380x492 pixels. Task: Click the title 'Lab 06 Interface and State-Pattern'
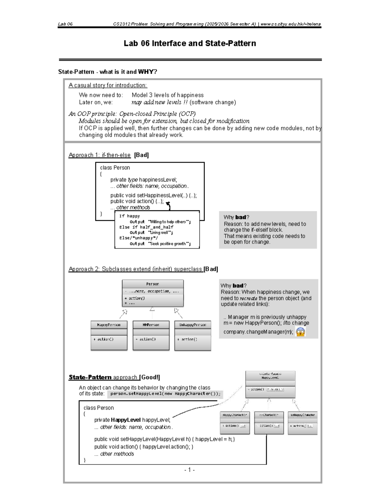click(x=190, y=43)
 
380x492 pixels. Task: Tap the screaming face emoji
click(x=300, y=332)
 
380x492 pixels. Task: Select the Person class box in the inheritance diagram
click(x=153, y=293)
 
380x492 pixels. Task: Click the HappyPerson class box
click(x=109, y=335)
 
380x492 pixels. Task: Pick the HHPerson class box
click(x=151, y=335)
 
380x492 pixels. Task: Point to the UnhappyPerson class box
click(x=193, y=335)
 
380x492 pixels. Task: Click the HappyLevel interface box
click(x=270, y=384)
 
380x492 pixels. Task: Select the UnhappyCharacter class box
click(x=302, y=423)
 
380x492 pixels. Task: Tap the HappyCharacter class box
click(x=235, y=423)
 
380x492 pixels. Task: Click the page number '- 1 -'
click(x=189, y=470)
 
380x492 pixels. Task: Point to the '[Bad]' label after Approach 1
click(x=142, y=155)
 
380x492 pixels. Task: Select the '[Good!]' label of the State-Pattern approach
click(x=150, y=377)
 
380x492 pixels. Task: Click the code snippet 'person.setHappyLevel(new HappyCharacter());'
click(x=165, y=394)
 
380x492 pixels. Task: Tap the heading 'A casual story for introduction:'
click(x=108, y=85)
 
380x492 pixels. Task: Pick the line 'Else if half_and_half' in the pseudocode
click(x=146, y=227)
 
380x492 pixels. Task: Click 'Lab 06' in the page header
click(x=65, y=24)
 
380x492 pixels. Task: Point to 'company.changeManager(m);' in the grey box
click(x=258, y=332)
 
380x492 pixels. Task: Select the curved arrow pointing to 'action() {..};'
click(x=169, y=205)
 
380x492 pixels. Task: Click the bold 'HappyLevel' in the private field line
click(x=126, y=420)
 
